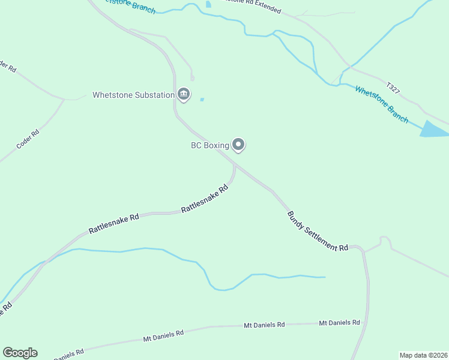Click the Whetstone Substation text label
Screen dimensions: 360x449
[x=133, y=95]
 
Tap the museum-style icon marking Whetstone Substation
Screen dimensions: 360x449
[x=184, y=94]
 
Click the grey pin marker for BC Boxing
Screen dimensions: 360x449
[x=238, y=144]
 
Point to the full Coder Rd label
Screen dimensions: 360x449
[x=28, y=139]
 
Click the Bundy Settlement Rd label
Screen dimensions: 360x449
[x=318, y=231]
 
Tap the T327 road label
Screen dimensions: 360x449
[x=393, y=88]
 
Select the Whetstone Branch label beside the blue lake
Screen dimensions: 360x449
[x=381, y=104]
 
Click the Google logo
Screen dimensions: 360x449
[x=20, y=353]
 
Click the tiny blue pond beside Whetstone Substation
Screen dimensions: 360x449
[x=202, y=99]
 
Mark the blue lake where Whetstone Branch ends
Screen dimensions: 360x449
[x=433, y=130]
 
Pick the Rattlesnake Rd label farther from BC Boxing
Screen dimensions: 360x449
[x=113, y=222]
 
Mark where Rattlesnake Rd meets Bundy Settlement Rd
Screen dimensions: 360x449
[x=235, y=164]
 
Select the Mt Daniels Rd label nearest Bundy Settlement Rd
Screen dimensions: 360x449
[x=339, y=323]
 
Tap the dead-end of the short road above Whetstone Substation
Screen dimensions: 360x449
[x=192, y=79]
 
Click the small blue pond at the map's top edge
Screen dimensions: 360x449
[x=208, y=4]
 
